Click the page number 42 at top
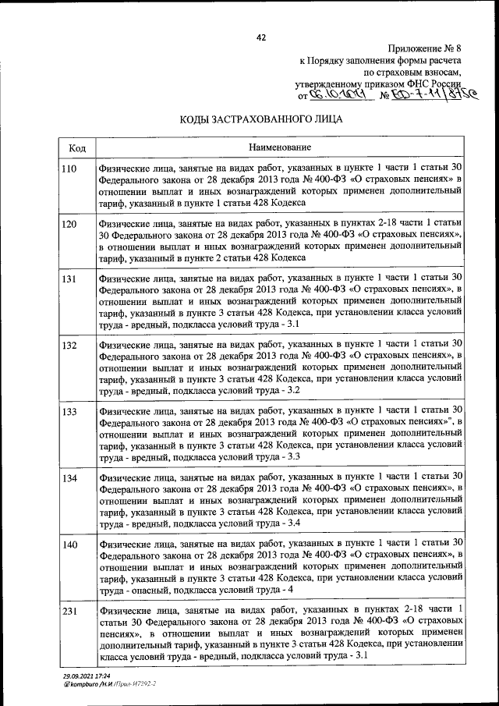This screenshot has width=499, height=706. [261, 37]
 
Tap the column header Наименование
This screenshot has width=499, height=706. [280, 148]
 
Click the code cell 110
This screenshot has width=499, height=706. [69, 169]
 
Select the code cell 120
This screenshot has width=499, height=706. [69, 224]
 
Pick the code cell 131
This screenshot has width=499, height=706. [69, 278]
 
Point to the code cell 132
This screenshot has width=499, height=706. [69, 344]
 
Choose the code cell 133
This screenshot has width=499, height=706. [69, 410]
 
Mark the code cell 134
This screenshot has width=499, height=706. [69, 477]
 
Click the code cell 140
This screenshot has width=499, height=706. [69, 543]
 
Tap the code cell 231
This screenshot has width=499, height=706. [69, 609]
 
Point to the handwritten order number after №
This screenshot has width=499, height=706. [425, 95]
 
